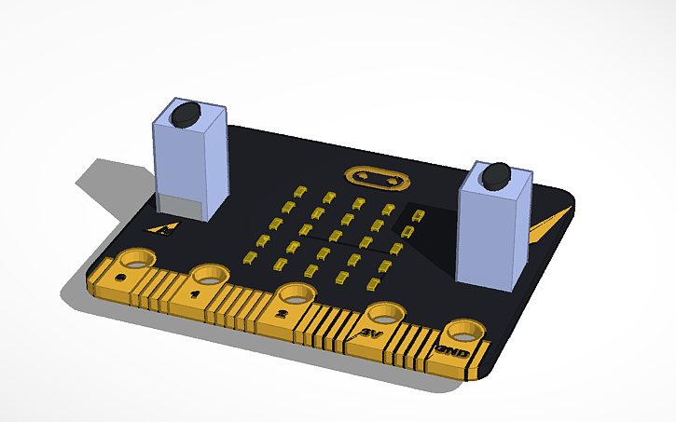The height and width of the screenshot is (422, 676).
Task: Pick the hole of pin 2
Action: tap(295, 293)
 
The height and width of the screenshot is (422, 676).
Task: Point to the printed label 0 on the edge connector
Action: tap(120, 278)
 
